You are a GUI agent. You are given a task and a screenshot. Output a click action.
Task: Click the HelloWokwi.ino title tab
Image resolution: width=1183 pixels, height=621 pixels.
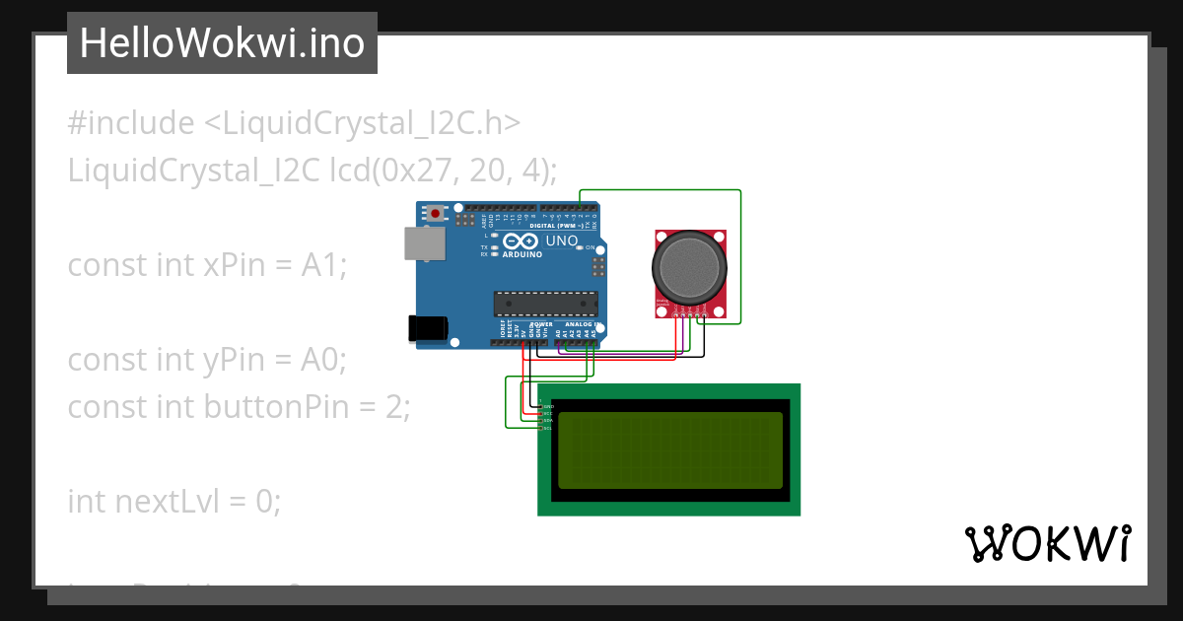click(222, 43)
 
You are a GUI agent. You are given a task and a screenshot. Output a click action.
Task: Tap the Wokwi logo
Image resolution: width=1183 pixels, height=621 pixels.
click(1048, 543)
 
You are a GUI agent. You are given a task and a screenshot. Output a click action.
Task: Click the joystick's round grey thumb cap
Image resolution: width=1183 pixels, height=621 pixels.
click(690, 267)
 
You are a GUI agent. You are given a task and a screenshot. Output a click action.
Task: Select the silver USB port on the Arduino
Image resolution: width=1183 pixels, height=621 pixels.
click(424, 244)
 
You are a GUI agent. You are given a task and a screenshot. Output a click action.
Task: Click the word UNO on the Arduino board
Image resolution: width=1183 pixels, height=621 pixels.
click(562, 241)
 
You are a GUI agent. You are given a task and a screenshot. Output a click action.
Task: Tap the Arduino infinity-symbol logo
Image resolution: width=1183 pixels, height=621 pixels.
click(520, 241)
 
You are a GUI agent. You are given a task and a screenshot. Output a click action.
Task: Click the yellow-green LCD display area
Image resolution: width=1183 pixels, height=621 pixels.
click(670, 450)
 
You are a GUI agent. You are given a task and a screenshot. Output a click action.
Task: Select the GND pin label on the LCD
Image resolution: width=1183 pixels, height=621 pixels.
click(549, 406)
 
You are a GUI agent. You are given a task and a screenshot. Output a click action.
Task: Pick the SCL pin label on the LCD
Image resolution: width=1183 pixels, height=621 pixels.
click(548, 428)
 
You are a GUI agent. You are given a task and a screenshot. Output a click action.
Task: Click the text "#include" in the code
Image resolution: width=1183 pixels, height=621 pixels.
click(131, 124)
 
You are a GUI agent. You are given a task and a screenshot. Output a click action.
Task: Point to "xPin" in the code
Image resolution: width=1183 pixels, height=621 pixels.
click(242, 266)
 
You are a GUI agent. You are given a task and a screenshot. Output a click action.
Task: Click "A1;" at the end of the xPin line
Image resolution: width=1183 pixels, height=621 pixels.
click(324, 266)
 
